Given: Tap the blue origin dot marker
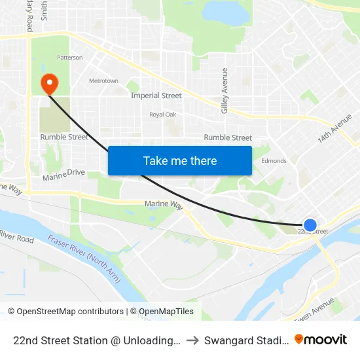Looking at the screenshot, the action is (310, 225).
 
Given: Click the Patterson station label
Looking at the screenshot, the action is (70, 58).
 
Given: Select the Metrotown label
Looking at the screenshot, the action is (103, 81).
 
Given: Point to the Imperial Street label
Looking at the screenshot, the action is (156, 96).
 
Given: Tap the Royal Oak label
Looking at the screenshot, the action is (163, 115).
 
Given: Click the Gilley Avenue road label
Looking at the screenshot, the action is (225, 90).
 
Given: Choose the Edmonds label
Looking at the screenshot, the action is (274, 161).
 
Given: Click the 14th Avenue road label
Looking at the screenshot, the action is (335, 129).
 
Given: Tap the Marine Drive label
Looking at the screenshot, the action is (64, 175).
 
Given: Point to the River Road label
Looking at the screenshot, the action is (16, 236).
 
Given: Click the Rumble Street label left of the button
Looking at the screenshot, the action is (64, 137).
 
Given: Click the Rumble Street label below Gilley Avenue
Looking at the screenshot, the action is (228, 137).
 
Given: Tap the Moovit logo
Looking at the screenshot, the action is (321, 339).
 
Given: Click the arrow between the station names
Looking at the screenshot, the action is (192, 340).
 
